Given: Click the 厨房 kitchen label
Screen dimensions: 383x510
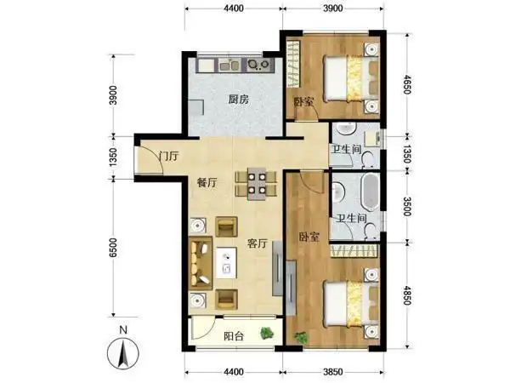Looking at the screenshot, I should pyautogui.click(x=238, y=99).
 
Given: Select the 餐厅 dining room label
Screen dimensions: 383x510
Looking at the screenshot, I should pyautogui.click(x=208, y=182).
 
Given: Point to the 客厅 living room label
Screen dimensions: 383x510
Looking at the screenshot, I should pyautogui.click(x=258, y=243).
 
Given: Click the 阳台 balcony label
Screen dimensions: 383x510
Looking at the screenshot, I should pyautogui.click(x=234, y=336).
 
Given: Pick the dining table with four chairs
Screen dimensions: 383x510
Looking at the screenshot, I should pyautogui.click(x=255, y=183).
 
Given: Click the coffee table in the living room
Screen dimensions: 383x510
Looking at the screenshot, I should pyautogui.click(x=228, y=266).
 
